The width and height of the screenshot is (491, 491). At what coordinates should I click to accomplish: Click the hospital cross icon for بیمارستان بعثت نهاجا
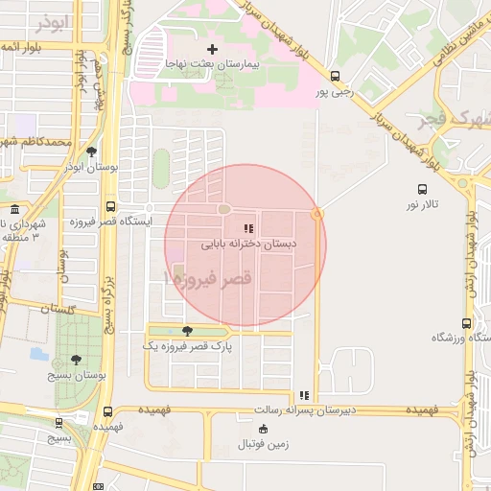click(212, 48)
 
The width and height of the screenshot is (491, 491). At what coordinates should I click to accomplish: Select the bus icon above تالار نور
click(422, 189)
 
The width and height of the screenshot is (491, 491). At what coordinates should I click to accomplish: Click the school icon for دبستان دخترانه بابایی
click(248, 228)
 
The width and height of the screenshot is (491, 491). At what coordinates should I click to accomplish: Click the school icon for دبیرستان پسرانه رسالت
click(305, 395)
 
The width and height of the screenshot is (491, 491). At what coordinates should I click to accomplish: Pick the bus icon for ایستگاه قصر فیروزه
click(111, 206)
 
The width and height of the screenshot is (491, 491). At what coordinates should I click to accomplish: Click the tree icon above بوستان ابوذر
click(91, 152)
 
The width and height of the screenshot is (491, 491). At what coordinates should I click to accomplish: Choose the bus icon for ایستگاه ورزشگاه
click(466, 323)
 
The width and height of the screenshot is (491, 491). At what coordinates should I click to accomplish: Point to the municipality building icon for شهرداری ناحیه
click(13, 209)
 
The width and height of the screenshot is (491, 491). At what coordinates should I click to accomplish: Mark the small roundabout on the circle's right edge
click(317, 213)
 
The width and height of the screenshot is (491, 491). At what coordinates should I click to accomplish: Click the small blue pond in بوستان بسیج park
click(38, 354)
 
